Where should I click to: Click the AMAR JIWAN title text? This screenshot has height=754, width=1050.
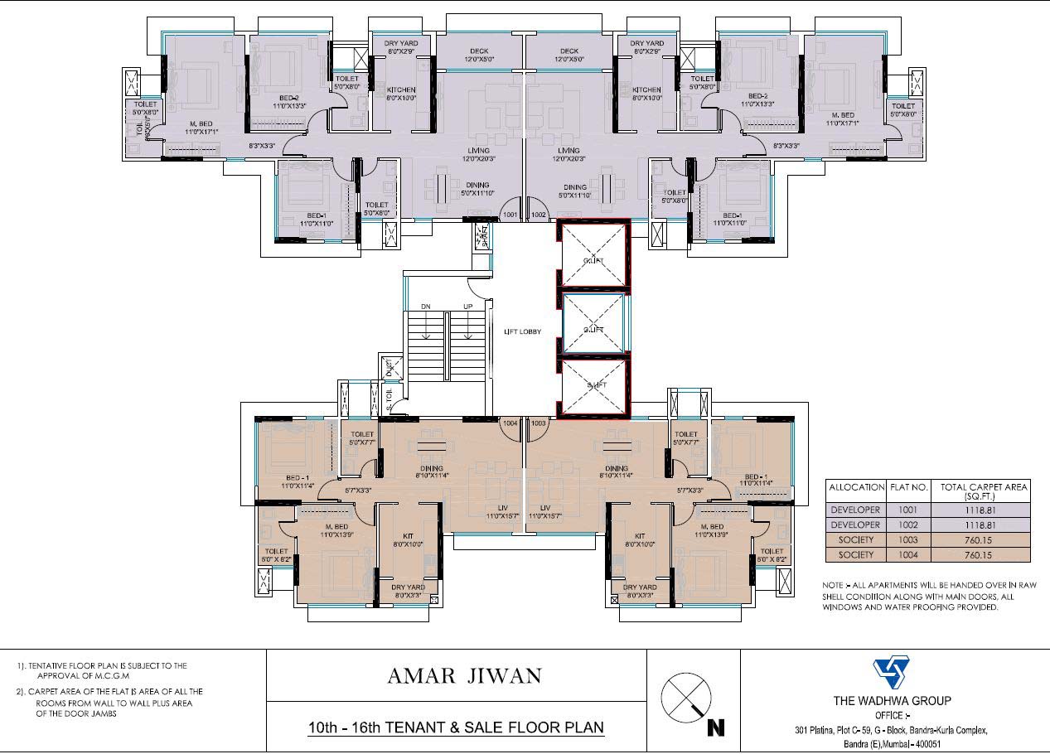click(x=464, y=676)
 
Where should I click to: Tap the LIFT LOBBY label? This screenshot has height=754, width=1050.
click(x=522, y=331)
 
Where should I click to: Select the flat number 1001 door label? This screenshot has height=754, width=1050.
click(x=510, y=215)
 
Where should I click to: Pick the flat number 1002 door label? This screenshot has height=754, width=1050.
click(x=539, y=215)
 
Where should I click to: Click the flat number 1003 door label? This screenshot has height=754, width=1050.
click(x=539, y=423)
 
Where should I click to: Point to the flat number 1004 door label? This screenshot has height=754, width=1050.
click(x=510, y=423)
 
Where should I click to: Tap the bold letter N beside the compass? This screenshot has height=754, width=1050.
click(x=716, y=727)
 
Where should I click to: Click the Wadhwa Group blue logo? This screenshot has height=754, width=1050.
click(x=891, y=673)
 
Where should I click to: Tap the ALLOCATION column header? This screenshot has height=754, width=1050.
click(x=856, y=487)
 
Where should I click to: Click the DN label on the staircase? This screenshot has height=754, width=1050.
click(x=426, y=307)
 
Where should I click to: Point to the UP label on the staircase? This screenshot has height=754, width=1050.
click(x=468, y=307)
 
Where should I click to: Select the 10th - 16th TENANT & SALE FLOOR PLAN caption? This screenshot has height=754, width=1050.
click(x=456, y=728)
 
